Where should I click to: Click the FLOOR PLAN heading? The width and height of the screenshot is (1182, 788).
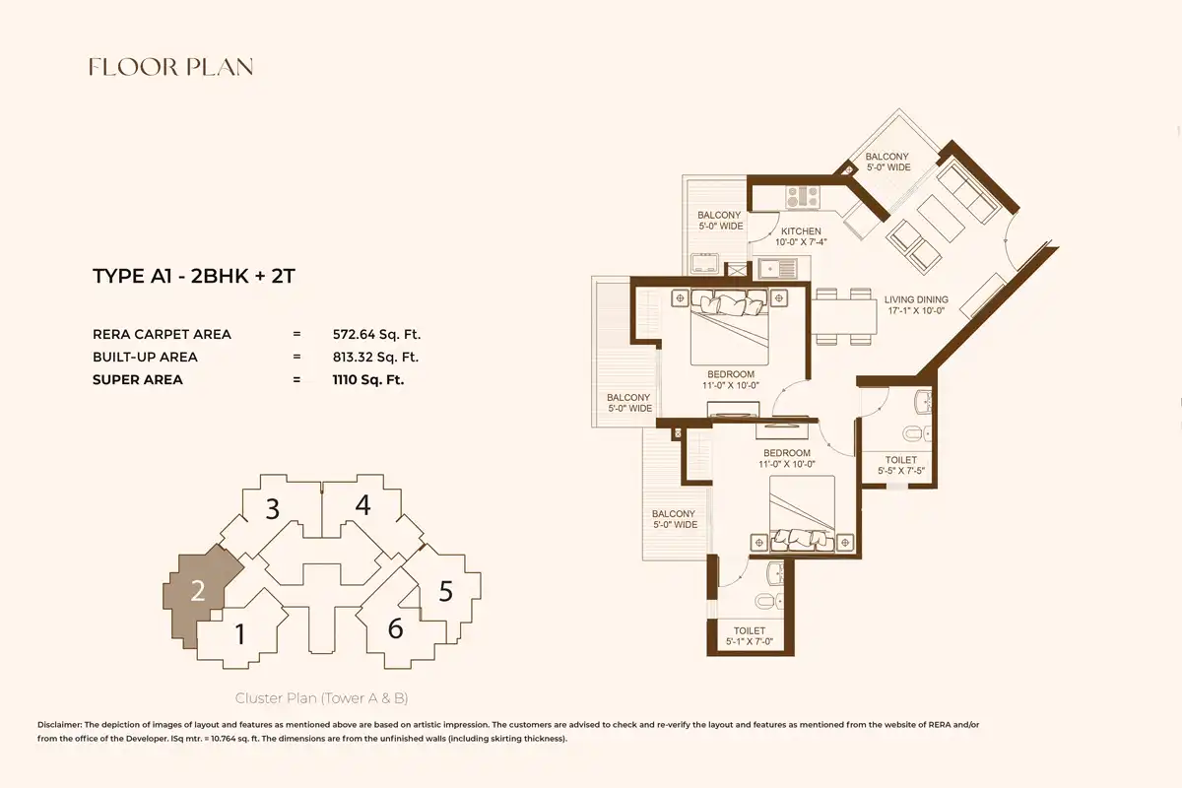click(171, 67)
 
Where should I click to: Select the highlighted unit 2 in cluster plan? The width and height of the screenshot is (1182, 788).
click(198, 591)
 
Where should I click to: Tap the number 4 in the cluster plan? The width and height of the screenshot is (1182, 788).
click(362, 505)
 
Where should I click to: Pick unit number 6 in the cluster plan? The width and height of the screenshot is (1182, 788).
click(395, 628)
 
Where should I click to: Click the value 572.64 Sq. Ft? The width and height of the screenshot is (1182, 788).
click(376, 335)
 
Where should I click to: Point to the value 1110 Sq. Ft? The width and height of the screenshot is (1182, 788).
click(367, 380)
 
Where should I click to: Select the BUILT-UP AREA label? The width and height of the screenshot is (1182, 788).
click(145, 358)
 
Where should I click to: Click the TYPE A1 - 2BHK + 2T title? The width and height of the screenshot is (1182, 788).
click(194, 276)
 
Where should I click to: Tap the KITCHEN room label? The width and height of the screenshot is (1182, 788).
click(801, 231)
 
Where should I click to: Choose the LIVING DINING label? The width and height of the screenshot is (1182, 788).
click(916, 299)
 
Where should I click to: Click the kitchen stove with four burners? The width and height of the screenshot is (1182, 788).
click(803, 197)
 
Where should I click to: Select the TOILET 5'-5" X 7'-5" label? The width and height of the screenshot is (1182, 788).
click(901, 465)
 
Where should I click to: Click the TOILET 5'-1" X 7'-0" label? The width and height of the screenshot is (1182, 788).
click(750, 636)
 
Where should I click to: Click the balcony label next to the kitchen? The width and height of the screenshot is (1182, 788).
click(720, 221)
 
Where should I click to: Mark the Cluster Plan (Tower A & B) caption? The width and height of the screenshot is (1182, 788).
click(321, 698)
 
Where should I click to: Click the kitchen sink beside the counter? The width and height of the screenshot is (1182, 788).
click(777, 269)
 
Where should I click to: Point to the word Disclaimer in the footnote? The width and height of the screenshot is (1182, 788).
click(59, 725)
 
